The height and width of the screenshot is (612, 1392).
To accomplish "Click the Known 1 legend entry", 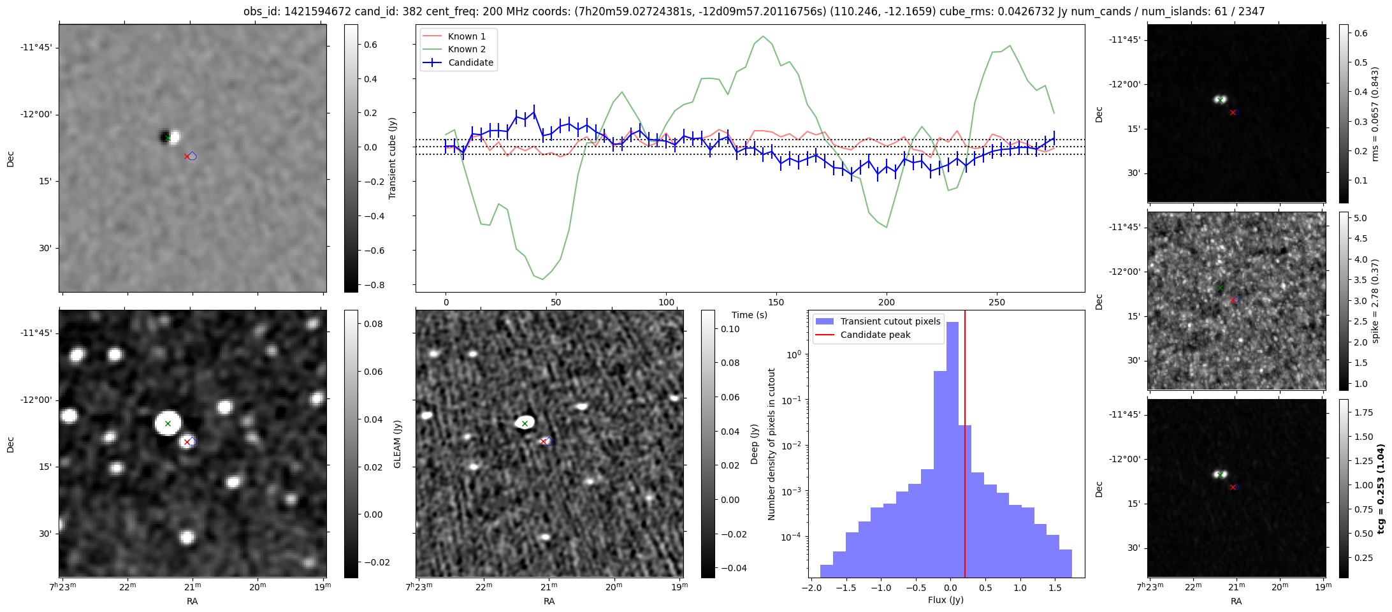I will pos(467,36).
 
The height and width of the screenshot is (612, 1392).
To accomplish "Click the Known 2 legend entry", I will pos(467,49).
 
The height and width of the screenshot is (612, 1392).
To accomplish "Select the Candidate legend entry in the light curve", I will pos(470,62).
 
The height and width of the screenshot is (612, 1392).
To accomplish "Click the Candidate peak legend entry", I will pos(875,335).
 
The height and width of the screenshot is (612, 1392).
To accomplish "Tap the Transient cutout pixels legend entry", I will pos(890,321).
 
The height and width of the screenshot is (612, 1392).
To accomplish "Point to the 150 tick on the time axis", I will pos(776,302).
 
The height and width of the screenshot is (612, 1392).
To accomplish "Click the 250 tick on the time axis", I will pos(996,302).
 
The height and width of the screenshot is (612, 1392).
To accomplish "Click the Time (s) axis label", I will pos(750,315).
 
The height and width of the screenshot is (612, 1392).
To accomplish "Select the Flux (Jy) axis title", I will pos(946,600).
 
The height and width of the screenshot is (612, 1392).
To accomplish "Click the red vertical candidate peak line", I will pos(965,446).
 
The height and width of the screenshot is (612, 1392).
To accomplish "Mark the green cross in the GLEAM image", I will pos(168,423).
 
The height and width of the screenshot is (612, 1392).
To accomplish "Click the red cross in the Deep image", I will pos(543,441).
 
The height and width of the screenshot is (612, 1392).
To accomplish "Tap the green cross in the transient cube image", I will pos(168,138).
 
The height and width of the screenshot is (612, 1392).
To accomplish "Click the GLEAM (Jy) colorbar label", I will pos(397,444).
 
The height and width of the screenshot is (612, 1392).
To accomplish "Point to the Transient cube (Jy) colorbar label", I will pos(392,158).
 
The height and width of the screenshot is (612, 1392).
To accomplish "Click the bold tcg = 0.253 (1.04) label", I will pos(1381,488).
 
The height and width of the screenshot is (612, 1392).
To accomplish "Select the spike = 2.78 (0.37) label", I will pos(1375,301).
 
